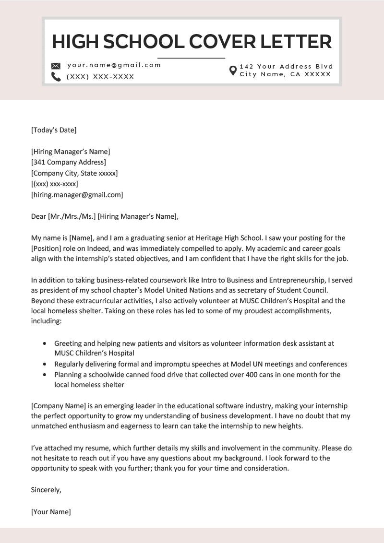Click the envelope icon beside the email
(56, 66)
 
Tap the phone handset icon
(56, 77)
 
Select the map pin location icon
(233, 71)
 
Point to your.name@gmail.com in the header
(114, 65)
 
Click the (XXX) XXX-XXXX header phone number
(100, 77)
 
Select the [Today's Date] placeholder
(54, 130)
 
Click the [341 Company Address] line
(69, 162)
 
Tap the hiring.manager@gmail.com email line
(77, 195)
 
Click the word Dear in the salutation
(38, 216)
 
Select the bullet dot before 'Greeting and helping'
(45, 344)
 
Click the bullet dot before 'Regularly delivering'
(45, 364)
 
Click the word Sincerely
(46, 490)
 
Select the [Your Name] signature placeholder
(51, 512)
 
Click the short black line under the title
(191, 58)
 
